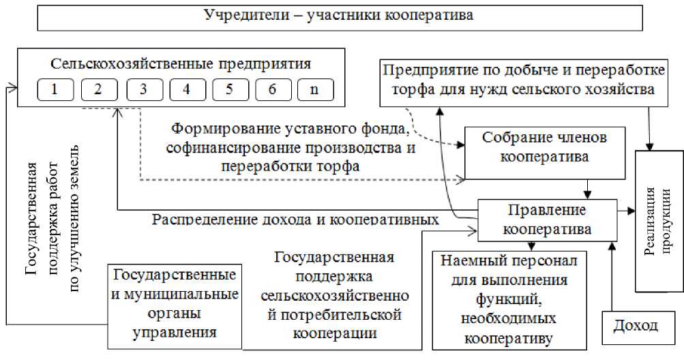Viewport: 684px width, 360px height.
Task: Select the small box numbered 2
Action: (x=100, y=89)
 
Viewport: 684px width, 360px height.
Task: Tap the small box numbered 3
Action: (x=143, y=89)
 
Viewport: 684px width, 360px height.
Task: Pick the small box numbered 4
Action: (x=186, y=89)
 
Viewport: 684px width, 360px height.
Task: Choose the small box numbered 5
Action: (x=229, y=89)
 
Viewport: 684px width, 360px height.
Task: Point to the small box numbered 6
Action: (x=272, y=89)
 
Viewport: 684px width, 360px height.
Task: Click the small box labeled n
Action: (x=314, y=89)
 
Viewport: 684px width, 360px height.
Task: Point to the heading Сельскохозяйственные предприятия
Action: (x=181, y=65)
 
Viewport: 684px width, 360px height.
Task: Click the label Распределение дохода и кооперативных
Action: (x=295, y=220)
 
